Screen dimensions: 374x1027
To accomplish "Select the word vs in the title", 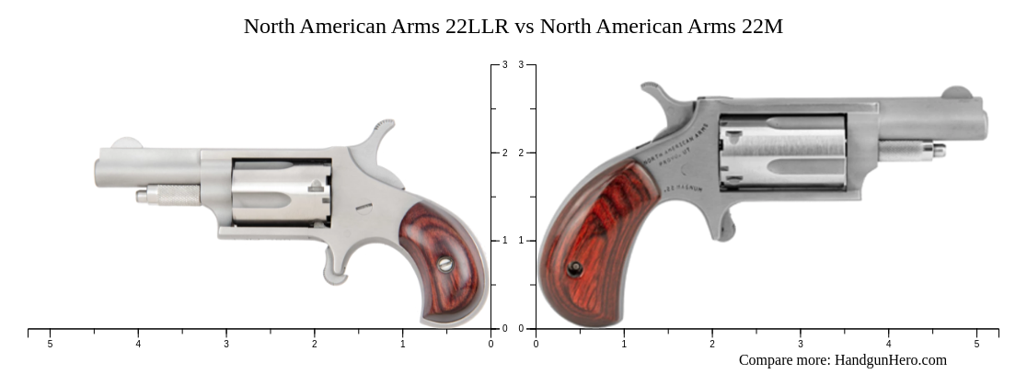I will tap(525, 27).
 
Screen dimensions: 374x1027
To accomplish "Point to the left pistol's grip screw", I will tap(445, 264).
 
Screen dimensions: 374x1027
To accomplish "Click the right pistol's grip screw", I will tap(574, 268).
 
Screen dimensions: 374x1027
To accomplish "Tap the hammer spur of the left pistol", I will tap(384, 126).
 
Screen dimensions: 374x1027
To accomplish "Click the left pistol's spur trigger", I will tap(334, 267).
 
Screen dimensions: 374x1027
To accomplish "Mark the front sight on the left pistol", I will tap(124, 143).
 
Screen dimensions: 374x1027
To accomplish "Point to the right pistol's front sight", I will tap(957, 92).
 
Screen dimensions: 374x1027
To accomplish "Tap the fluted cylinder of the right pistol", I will tap(782, 152).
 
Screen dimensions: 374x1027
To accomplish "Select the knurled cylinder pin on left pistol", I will tap(170, 195).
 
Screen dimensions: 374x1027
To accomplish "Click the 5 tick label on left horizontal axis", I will tap(50, 344).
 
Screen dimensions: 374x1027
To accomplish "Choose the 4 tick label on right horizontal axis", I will tap(888, 344).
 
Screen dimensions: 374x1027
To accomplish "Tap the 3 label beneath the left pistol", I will tap(226, 344).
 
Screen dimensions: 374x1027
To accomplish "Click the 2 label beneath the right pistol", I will tap(711, 344).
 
